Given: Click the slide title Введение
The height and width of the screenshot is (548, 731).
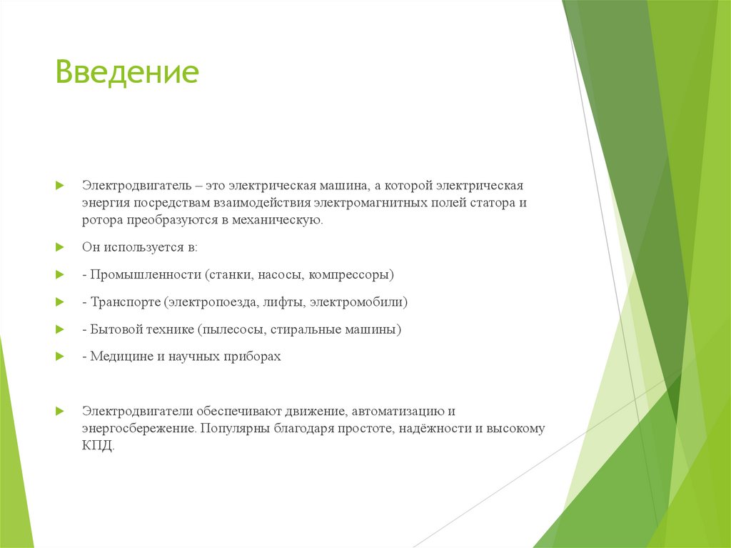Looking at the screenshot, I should point(127,73).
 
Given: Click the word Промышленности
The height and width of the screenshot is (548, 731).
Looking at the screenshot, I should point(146,275).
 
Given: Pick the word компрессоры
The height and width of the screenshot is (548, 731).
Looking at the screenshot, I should point(355,275).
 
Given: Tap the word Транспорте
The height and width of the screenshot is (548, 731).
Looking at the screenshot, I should point(126,302).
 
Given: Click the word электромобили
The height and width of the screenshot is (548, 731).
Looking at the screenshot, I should point(363,302).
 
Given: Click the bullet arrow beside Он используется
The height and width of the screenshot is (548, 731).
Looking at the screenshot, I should point(61,247).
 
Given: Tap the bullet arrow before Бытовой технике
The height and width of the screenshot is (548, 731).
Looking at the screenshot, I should point(61,330).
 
